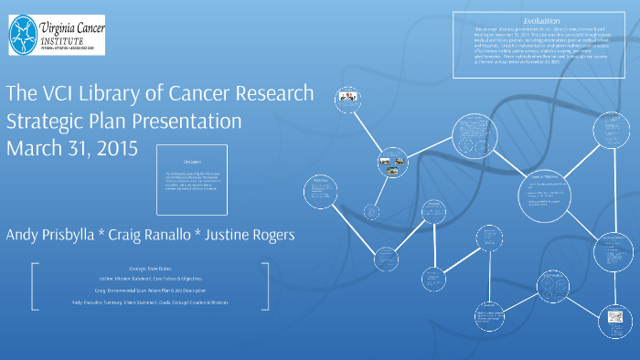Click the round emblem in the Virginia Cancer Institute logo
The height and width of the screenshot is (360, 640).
point(25,35)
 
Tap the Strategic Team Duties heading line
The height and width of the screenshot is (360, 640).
point(150,268)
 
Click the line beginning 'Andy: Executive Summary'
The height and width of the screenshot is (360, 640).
point(150,302)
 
